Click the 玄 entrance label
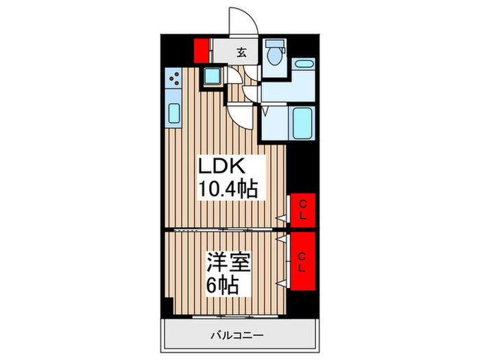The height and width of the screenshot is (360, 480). [242, 51]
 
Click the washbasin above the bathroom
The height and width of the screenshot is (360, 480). [302, 67]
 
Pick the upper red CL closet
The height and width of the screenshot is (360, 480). [302, 210]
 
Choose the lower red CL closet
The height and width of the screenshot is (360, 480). [302, 260]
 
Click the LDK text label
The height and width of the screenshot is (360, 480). [221, 167]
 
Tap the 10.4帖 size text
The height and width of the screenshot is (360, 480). [228, 189]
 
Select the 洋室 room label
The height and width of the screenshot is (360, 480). [228, 262]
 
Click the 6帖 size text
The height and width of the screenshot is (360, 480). [222, 285]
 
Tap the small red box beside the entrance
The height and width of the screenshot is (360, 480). [201, 51]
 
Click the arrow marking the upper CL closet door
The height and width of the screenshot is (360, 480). [281, 218]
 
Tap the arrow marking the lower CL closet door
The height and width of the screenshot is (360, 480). [281, 240]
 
